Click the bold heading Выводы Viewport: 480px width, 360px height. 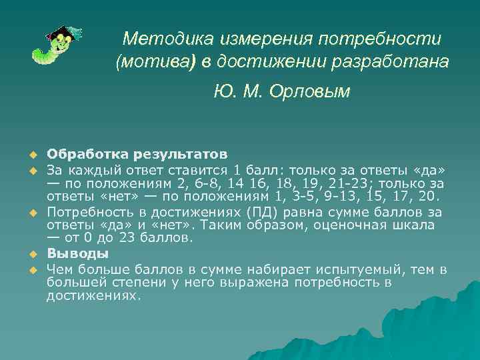click(77, 254)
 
